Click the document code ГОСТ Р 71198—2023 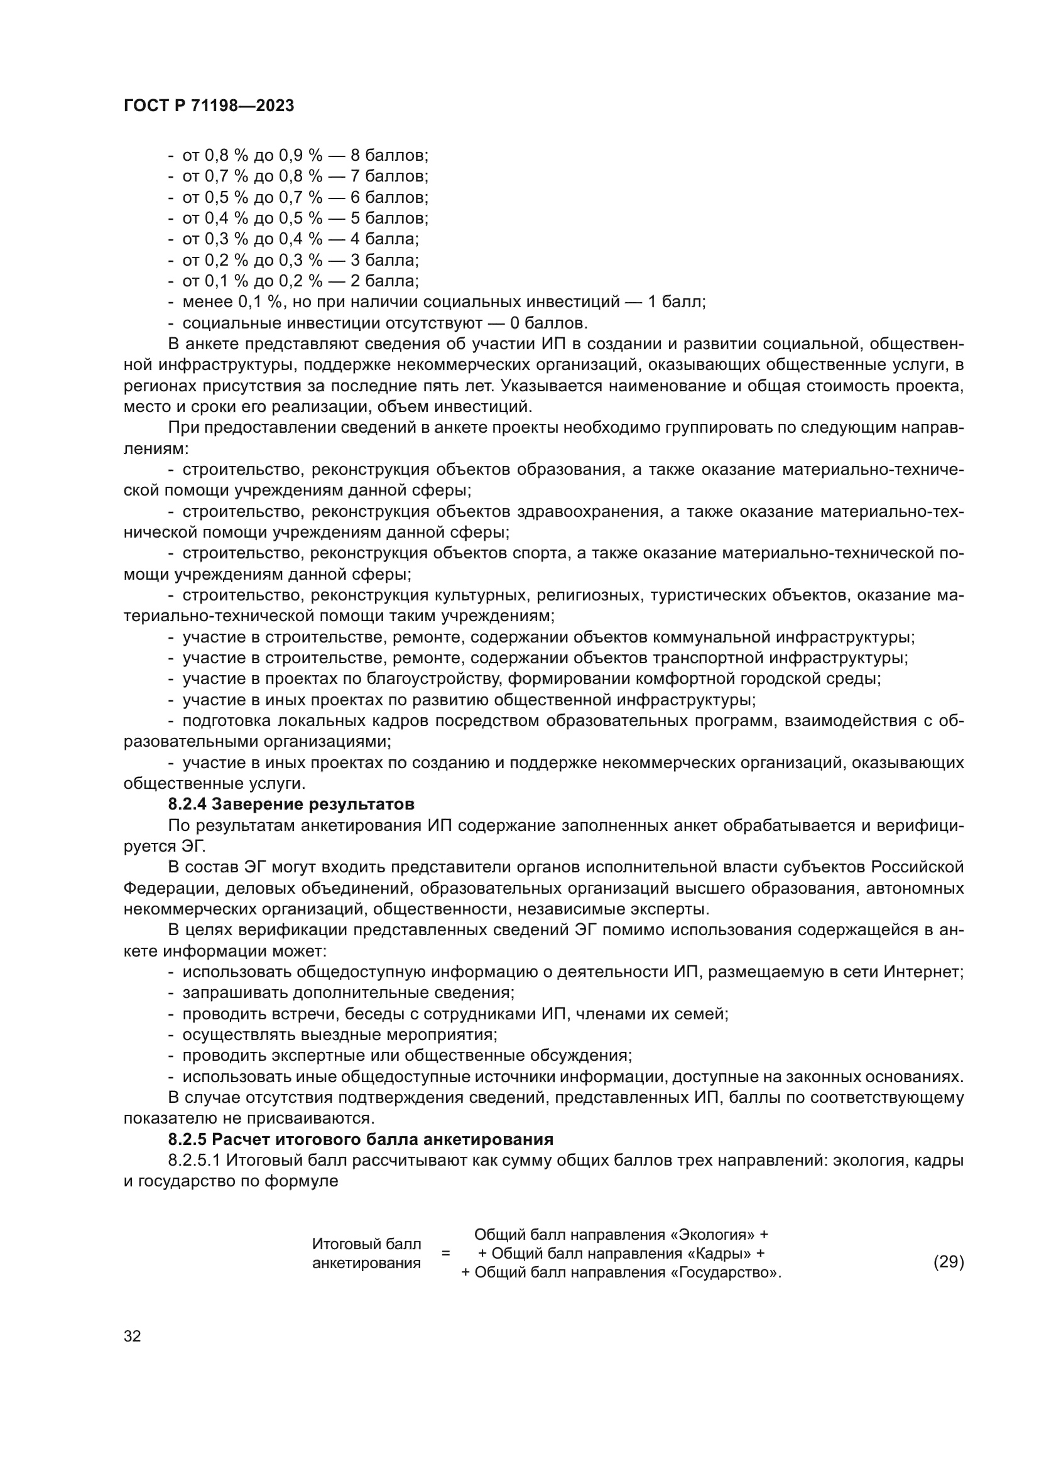click(x=209, y=106)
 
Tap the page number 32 click(x=132, y=1336)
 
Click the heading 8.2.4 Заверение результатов click(x=291, y=804)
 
